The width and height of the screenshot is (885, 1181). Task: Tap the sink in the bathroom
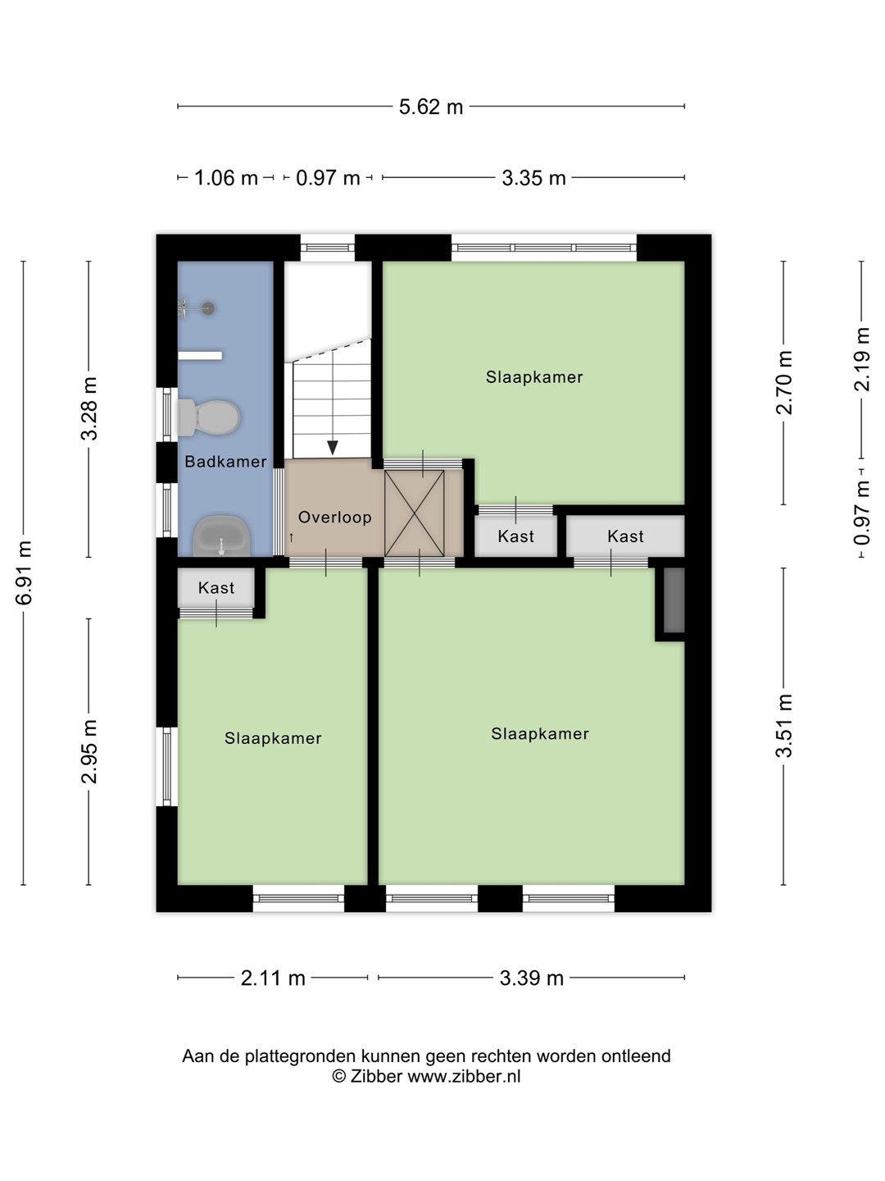click(x=221, y=536)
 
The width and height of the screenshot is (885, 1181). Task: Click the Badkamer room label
click(x=225, y=462)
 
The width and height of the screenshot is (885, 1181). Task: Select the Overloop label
click(x=335, y=518)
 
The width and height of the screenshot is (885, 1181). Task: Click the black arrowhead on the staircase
click(x=333, y=447)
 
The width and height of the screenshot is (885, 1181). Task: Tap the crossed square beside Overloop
click(x=415, y=513)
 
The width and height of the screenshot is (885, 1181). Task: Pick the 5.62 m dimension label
click(x=431, y=107)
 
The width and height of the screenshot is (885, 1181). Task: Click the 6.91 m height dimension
click(x=25, y=572)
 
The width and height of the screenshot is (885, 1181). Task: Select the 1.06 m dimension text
click(x=225, y=178)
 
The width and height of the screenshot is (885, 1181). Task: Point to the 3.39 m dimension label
click(x=532, y=978)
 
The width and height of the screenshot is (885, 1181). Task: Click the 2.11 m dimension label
click(x=273, y=978)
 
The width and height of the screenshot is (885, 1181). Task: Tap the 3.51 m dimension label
click(x=784, y=726)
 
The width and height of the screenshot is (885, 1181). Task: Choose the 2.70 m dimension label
click(x=784, y=382)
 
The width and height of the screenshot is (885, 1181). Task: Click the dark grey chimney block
click(x=674, y=600)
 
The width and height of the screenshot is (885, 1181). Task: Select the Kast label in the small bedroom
click(x=216, y=588)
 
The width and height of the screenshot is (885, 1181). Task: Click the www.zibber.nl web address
click(x=464, y=1076)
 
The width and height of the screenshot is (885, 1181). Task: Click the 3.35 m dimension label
click(x=533, y=178)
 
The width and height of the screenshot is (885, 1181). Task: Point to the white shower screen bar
click(x=200, y=356)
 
